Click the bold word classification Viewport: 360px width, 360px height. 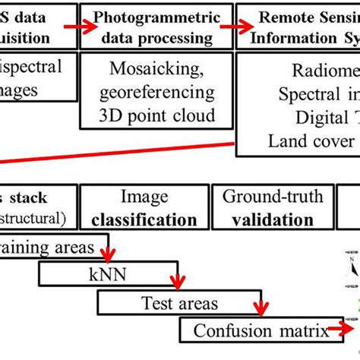click(x=144, y=220)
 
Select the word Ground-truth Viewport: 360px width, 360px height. click(x=272, y=197)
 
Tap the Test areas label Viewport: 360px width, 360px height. click(x=179, y=304)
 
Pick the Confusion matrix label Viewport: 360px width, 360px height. click(x=255, y=331)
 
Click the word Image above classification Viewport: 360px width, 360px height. click(x=145, y=198)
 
